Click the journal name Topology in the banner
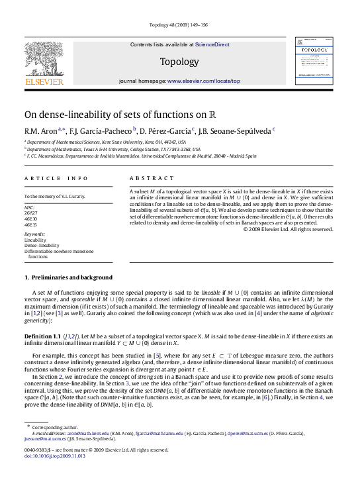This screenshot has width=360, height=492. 179,62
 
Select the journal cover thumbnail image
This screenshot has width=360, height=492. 313,61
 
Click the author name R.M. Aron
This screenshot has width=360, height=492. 40,130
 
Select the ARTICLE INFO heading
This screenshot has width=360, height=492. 56,179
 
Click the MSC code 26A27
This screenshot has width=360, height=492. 30,213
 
